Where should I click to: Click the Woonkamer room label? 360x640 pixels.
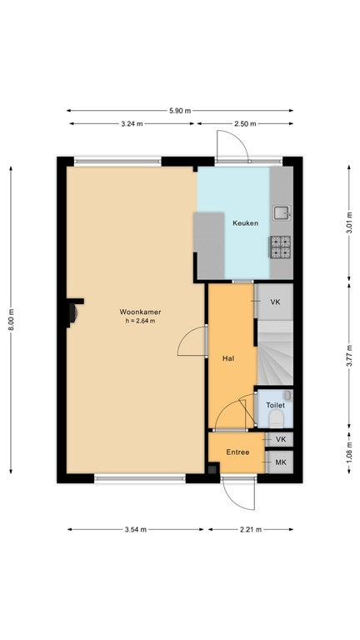click(140, 312)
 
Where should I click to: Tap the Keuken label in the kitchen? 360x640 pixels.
click(245, 223)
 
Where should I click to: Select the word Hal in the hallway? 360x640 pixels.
click(227, 359)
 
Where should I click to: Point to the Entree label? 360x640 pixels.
click(238, 452)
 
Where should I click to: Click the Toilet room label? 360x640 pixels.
click(275, 406)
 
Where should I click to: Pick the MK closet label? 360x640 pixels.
click(280, 462)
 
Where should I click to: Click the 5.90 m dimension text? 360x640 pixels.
click(180, 111)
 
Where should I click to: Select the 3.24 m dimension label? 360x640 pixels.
click(132, 123)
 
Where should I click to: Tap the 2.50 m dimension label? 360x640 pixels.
click(245, 123)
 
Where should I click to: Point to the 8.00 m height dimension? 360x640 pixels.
click(11, 320)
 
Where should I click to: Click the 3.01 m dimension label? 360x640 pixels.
click(349, 223)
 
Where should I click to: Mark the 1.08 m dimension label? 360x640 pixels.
click(349, 452)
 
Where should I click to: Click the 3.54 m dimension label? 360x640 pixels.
click(136, 530)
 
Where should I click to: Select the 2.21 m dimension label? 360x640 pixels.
click(251, 530)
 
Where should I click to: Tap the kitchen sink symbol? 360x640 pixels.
click(282, 213)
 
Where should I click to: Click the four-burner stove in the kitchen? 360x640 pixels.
click(280, 247)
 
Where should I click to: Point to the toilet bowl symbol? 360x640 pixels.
click(277, 419)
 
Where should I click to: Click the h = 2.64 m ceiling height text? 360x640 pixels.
click(140, 321)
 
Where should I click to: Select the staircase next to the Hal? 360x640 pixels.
click(276, 352)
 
